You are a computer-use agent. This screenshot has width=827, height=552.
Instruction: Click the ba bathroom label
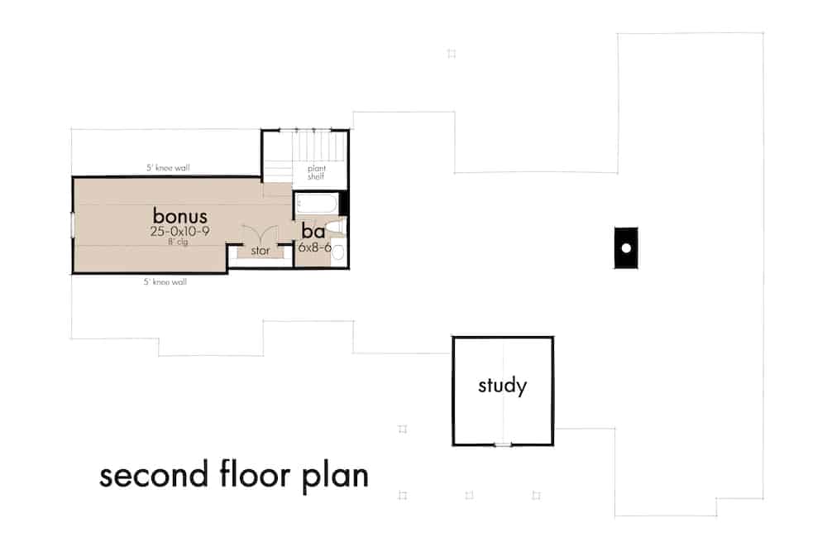click(x=312, y=231)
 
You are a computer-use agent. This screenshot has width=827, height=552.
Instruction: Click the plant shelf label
click(x=317, y=171)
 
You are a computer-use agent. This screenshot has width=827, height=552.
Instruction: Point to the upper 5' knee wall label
click(x=168, y=168)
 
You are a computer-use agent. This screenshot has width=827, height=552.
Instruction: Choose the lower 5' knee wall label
click(x=165, y=282)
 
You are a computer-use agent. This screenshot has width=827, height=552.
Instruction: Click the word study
click(x=502, y=386)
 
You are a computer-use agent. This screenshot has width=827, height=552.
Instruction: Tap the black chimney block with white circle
click(x=626, y=247)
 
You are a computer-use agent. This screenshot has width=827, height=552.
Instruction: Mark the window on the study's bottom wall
click(x=502, y=445)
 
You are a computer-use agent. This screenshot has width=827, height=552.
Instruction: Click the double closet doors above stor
click(x=260, y=234)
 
